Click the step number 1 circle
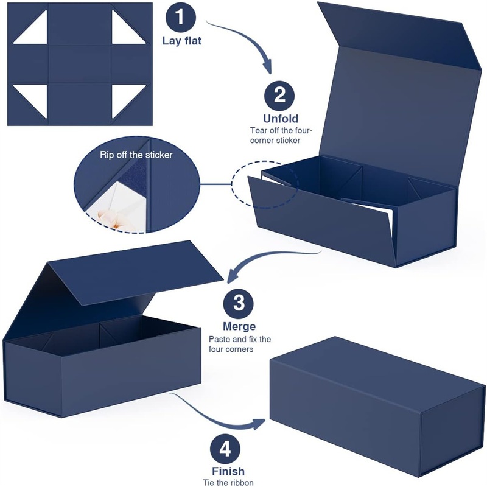click(181, 17)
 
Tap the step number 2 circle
click(279, 96)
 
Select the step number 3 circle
click(239, 303)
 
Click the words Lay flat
click(182, 41)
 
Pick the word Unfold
click(281, 119)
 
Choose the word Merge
click(239, 326)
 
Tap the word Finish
click(228, 471)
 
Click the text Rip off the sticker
click(136, 155)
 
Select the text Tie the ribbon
click(228, 482)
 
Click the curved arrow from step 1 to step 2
click(248, 39)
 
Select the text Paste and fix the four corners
click(239, 344)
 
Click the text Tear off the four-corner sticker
click(281, 135)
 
